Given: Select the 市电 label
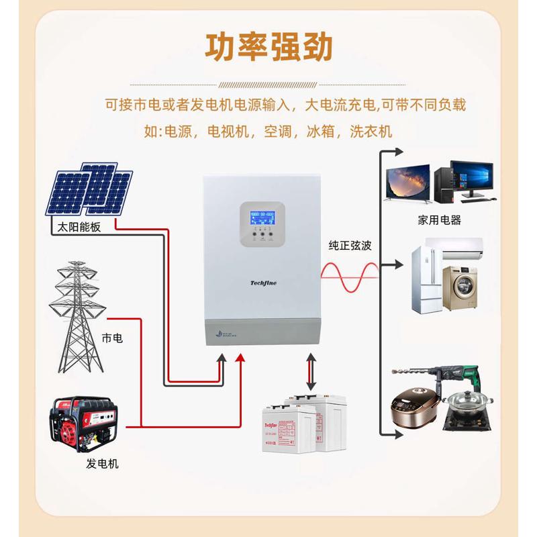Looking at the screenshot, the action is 112,338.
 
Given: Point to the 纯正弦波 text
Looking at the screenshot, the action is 350,246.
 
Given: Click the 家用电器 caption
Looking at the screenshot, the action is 439,219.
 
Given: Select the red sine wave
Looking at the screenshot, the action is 349,277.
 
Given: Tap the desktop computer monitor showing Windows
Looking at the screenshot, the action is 472,179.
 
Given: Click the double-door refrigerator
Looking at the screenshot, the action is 424,280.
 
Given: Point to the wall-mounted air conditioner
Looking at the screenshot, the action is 461,248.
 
